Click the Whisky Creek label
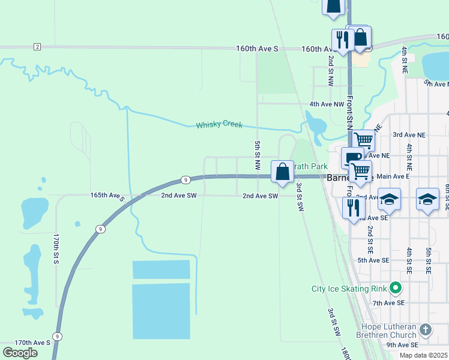[x=219, y=125]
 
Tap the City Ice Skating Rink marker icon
[x=394, y=289]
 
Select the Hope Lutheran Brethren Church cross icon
[x=425, y=329]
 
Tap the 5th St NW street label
[x=257, y=155]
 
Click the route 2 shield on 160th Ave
[x=37, y=47]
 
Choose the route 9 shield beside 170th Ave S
[x=57, y=337]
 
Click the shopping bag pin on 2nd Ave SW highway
[x=282, y=172]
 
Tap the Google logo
[x=20, y=353]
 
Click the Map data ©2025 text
[x=423, y=355]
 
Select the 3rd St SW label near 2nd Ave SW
[x=299, y=196]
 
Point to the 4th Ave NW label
[x=327, y=104]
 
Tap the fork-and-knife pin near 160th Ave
[x=342, y=40]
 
